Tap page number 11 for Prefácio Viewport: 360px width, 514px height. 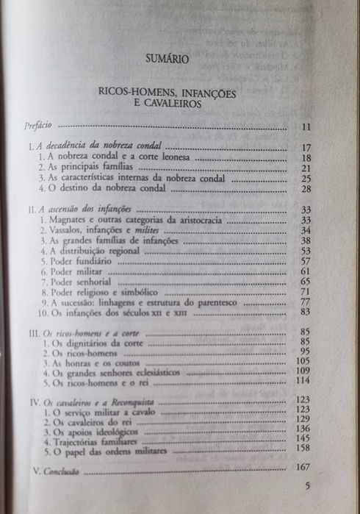click(306, 127)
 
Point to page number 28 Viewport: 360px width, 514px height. click(306, 190)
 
